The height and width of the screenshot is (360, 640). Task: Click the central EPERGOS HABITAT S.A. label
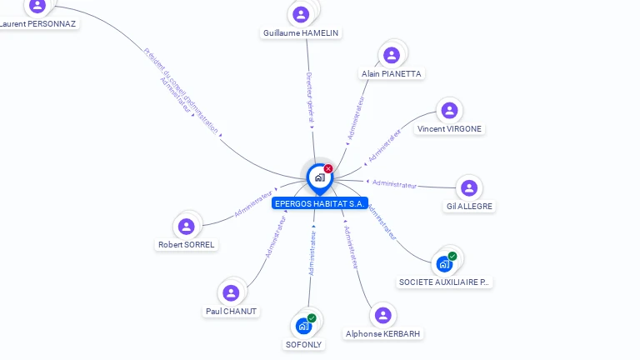[320, 202]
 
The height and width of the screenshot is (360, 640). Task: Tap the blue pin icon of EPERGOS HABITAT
[319, 177]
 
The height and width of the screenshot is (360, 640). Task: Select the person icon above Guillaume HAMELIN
[301, 14]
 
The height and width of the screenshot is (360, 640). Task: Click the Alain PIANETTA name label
[392, 74]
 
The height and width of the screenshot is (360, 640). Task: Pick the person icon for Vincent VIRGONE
[449, 110]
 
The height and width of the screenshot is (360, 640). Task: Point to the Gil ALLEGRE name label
[469, 206]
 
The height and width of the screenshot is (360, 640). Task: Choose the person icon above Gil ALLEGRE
[469, 187]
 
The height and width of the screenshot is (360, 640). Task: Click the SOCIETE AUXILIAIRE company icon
[445, 264]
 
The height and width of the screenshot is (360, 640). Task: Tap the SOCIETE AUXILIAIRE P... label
[445, 282]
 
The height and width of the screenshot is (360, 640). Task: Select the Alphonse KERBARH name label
[383, 333]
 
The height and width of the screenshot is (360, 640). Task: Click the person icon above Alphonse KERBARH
[382, 315]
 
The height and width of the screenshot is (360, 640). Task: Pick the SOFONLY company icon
[303, 326]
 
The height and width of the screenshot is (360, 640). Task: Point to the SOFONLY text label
[303, 344]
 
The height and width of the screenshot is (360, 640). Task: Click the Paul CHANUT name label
[232, 312]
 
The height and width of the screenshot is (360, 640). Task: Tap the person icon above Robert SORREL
[187, 226]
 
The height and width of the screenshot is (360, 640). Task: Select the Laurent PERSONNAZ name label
[38, 24]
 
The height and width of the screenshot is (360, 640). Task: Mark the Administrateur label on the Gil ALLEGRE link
[394, 183]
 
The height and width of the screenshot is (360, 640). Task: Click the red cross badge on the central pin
[328, 168]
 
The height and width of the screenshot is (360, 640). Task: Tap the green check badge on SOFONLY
[312, 317]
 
